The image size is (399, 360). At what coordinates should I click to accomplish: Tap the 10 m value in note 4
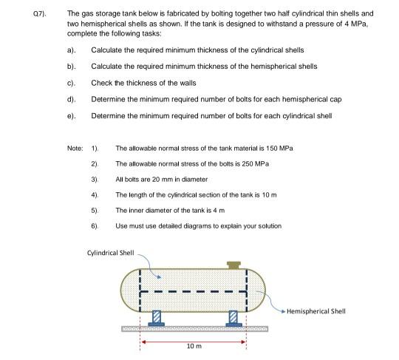(x=268, y=194)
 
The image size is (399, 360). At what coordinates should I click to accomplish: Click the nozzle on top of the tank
(x=234, y=264)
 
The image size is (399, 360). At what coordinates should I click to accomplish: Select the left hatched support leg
(x=156, y=317)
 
